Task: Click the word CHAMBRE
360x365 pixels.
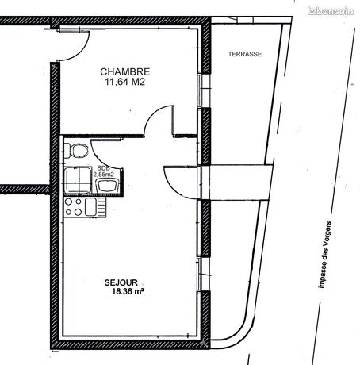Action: [x=125, y=71]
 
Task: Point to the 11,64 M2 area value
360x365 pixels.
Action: [x=125, y=82]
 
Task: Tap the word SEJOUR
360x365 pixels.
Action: [x=121, y=282]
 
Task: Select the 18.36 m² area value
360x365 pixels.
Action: [x=128, y=291]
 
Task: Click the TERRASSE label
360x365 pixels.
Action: [x=245, y=54]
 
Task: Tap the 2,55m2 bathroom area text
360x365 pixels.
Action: [x=104, y=174]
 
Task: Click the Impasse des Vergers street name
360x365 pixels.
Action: [x=325, y=255]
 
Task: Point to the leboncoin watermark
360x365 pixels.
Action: [x=331, y=11]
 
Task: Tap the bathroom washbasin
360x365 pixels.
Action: [x=107, y=185]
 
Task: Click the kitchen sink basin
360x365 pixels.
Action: [x=90, y=207]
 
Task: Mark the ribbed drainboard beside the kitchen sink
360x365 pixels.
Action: [x=101, y=207]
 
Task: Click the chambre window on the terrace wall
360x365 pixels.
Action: [x=205, y=90]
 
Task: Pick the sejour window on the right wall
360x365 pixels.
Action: [x=205, y=274]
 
